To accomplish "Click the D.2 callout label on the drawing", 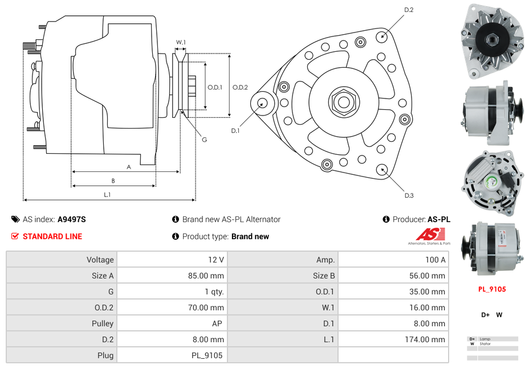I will [x=409, y=10].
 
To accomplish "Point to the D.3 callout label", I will [x=409, y=196].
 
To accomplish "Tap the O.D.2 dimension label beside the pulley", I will [x=240, y=87].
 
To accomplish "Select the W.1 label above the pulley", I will [x=181, y=42].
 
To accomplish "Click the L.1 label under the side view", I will [x=107, y=195].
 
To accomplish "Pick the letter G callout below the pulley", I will [x=204, y=140].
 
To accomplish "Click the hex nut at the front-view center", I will [x=343, y=102].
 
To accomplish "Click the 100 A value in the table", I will [x=435, y=260].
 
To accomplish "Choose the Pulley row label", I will [x=103, y=323].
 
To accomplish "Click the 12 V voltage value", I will [x=216, y=260].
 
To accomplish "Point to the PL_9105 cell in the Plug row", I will [x=207, y=355].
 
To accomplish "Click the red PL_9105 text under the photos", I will [x=491, y=289].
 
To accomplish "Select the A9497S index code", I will [x=72, y=219].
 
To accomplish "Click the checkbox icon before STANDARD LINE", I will [x=15, y=236].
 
